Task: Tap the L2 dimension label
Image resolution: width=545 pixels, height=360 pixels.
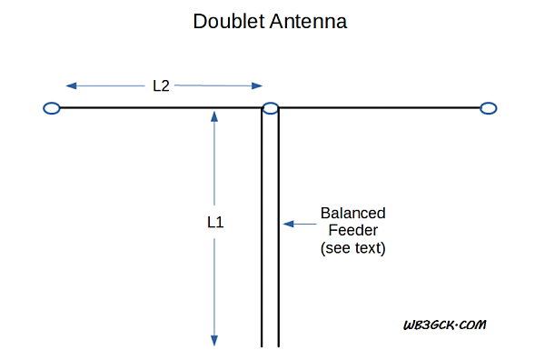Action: (162, 85)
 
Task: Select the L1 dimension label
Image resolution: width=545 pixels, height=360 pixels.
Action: (215, 221)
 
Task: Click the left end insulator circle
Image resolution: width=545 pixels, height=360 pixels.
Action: (52, 108)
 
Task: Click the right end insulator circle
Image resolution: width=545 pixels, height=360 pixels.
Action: (489, 108)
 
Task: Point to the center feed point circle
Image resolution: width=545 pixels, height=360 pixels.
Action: (270, 108)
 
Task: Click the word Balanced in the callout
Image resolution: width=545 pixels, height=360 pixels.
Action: (352, 213)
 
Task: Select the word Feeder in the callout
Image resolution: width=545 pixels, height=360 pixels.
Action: (352, 230)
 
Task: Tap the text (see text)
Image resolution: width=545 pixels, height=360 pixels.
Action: (352, 247)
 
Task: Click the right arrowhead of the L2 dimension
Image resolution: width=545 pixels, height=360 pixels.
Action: (257, 86)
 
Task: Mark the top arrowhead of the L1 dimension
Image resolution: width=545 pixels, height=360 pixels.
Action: (215, 116)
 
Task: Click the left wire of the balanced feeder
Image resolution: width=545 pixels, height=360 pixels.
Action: (263, 236)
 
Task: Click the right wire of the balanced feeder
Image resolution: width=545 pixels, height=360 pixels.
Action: (278, 273)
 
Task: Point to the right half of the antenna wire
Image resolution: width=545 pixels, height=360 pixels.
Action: (381, 108)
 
